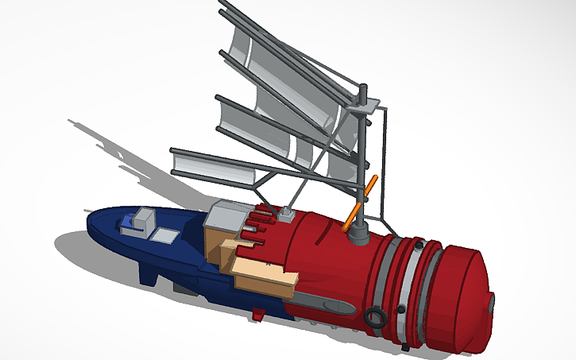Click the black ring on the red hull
374,317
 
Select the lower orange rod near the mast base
351,219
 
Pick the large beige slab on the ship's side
265,275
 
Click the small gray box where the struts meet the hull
287,213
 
